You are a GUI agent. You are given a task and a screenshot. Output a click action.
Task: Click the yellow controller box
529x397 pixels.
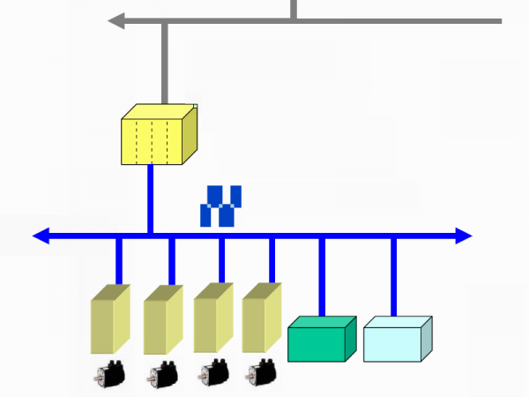pyautogui.click(x=157, y=135)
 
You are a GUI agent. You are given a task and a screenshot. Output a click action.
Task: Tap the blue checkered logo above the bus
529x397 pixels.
pyautogui.click(x=220, y=206)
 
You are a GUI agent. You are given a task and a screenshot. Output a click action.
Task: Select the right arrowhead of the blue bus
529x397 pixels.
pyautogui.click(x=463, y=236)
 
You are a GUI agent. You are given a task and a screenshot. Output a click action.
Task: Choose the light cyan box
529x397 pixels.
pyautogui.click(x=397, y=340)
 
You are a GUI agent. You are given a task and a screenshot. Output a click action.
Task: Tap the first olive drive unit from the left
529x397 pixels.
pyautogui.click(x=110, y=318)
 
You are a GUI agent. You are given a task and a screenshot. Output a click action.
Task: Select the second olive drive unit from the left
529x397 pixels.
pyautogui.click(x=162, y=318)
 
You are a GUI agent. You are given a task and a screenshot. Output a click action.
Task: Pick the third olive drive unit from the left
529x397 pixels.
pyautogui.click(x=213, y=318)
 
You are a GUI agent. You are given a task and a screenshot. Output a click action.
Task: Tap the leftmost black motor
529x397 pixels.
pyautogui.click(x=109, y=374)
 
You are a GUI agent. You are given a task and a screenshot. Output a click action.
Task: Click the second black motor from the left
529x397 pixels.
pyautogui.click(x=162, y=374)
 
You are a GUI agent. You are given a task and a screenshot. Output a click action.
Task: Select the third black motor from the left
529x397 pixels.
pyautogui.click(x=212, y=374)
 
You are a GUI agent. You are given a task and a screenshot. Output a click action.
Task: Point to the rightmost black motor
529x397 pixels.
pyautogui.click(x=261, y=374)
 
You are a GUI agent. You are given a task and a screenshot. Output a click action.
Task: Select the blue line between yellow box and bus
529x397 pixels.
pyautogui.click(x=150, y=198)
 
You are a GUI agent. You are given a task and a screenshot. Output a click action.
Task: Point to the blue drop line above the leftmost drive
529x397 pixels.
pyautogui.click(x=119, y=261)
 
